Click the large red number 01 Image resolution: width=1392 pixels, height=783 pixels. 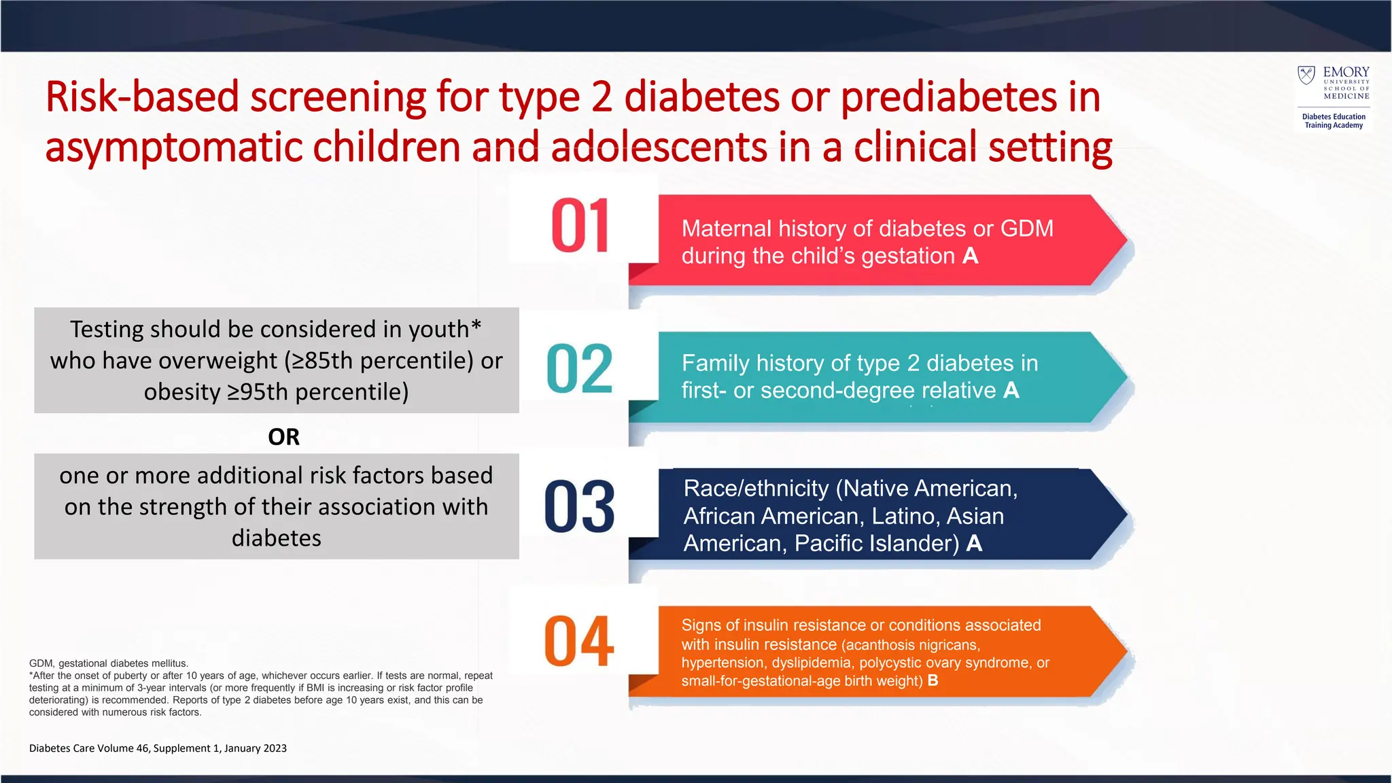click(x=580, y=226)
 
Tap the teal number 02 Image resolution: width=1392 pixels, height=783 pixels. click(x=580, y=368)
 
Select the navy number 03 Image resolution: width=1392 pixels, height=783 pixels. click(x=580, y=506)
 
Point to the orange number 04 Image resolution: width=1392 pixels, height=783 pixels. click(x=580, y=642)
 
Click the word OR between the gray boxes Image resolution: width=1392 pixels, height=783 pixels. click(x=283, y=437)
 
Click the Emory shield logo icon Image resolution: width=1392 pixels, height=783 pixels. click(x=1306, y=75)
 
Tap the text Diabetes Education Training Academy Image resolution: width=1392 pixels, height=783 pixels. click(x=1334, y=121)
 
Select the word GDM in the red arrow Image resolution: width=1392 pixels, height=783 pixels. click(x=1026, y=229)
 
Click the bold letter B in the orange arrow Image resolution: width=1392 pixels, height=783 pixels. click(x=933, y=680)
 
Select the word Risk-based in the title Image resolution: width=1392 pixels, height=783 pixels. click(x=142, y=97)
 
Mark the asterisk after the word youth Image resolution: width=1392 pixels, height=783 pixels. click(x=476, y=327)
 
